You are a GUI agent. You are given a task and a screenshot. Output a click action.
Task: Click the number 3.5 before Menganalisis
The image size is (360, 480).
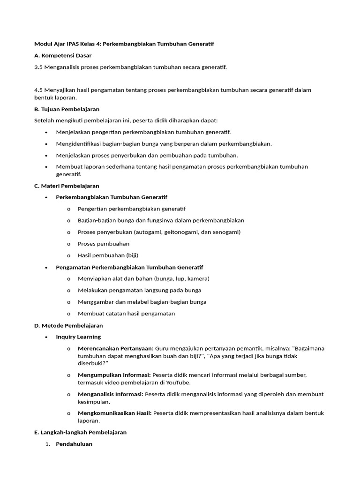tap(38, 67)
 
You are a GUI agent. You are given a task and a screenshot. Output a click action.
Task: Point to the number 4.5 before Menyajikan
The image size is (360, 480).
tap(38, 90)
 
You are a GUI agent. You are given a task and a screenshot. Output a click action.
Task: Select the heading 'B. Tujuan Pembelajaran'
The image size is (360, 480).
tap(67, 109)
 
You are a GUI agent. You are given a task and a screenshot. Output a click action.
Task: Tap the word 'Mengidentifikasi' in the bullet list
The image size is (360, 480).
tap(77, 144)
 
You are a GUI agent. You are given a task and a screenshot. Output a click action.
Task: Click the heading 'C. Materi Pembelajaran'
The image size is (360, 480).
tap(67, 186)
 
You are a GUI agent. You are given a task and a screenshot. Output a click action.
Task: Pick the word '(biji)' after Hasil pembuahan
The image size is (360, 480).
tap(131, 255)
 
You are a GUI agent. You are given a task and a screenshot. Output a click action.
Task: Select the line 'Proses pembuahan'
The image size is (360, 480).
tap(104, 244)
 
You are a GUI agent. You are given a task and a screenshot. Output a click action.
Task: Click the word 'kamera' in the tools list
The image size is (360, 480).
tap(197, 278)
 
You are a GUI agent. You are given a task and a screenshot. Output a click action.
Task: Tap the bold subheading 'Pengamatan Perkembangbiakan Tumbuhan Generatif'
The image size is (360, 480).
tap(129, 267)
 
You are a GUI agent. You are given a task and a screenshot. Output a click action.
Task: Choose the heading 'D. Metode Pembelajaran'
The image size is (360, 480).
tap(68, 325)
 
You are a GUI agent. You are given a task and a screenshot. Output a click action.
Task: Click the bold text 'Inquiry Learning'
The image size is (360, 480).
tap(78, 337)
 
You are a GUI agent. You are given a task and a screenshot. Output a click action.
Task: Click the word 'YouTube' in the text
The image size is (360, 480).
tap(178, 382)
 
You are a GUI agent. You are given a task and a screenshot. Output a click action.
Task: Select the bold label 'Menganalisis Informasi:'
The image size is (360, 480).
tap(110, 394)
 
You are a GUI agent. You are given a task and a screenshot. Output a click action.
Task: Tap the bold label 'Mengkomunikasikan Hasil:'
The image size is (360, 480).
tap(114, 413)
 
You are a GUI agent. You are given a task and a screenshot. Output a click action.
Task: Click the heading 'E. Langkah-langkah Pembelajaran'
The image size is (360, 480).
tap(80, 432)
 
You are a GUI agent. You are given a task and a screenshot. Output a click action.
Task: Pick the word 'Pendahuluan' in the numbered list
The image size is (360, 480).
tap(74, 444)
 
